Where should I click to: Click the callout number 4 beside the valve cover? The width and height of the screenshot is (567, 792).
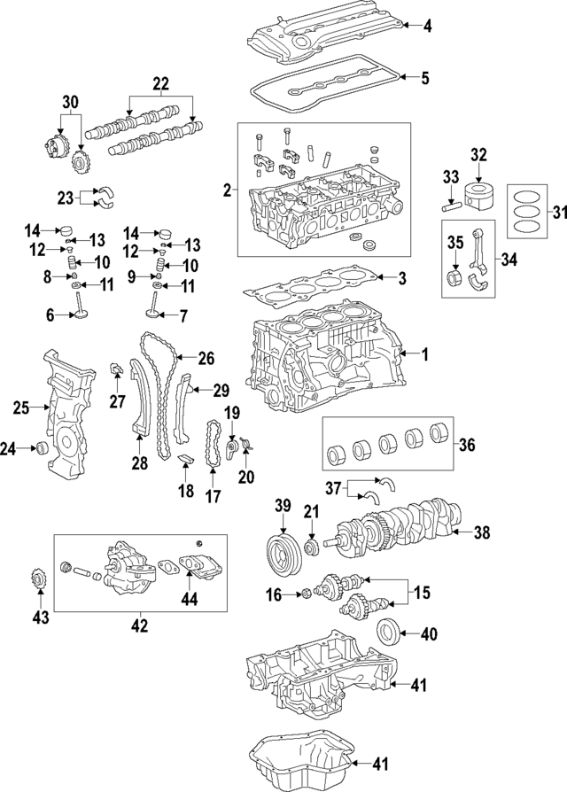[427, 27]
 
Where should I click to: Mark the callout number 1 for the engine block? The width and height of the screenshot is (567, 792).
[424, 355]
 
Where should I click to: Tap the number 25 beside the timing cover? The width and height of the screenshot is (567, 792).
[21, 408]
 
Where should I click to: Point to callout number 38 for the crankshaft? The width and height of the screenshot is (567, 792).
[480, 532]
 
